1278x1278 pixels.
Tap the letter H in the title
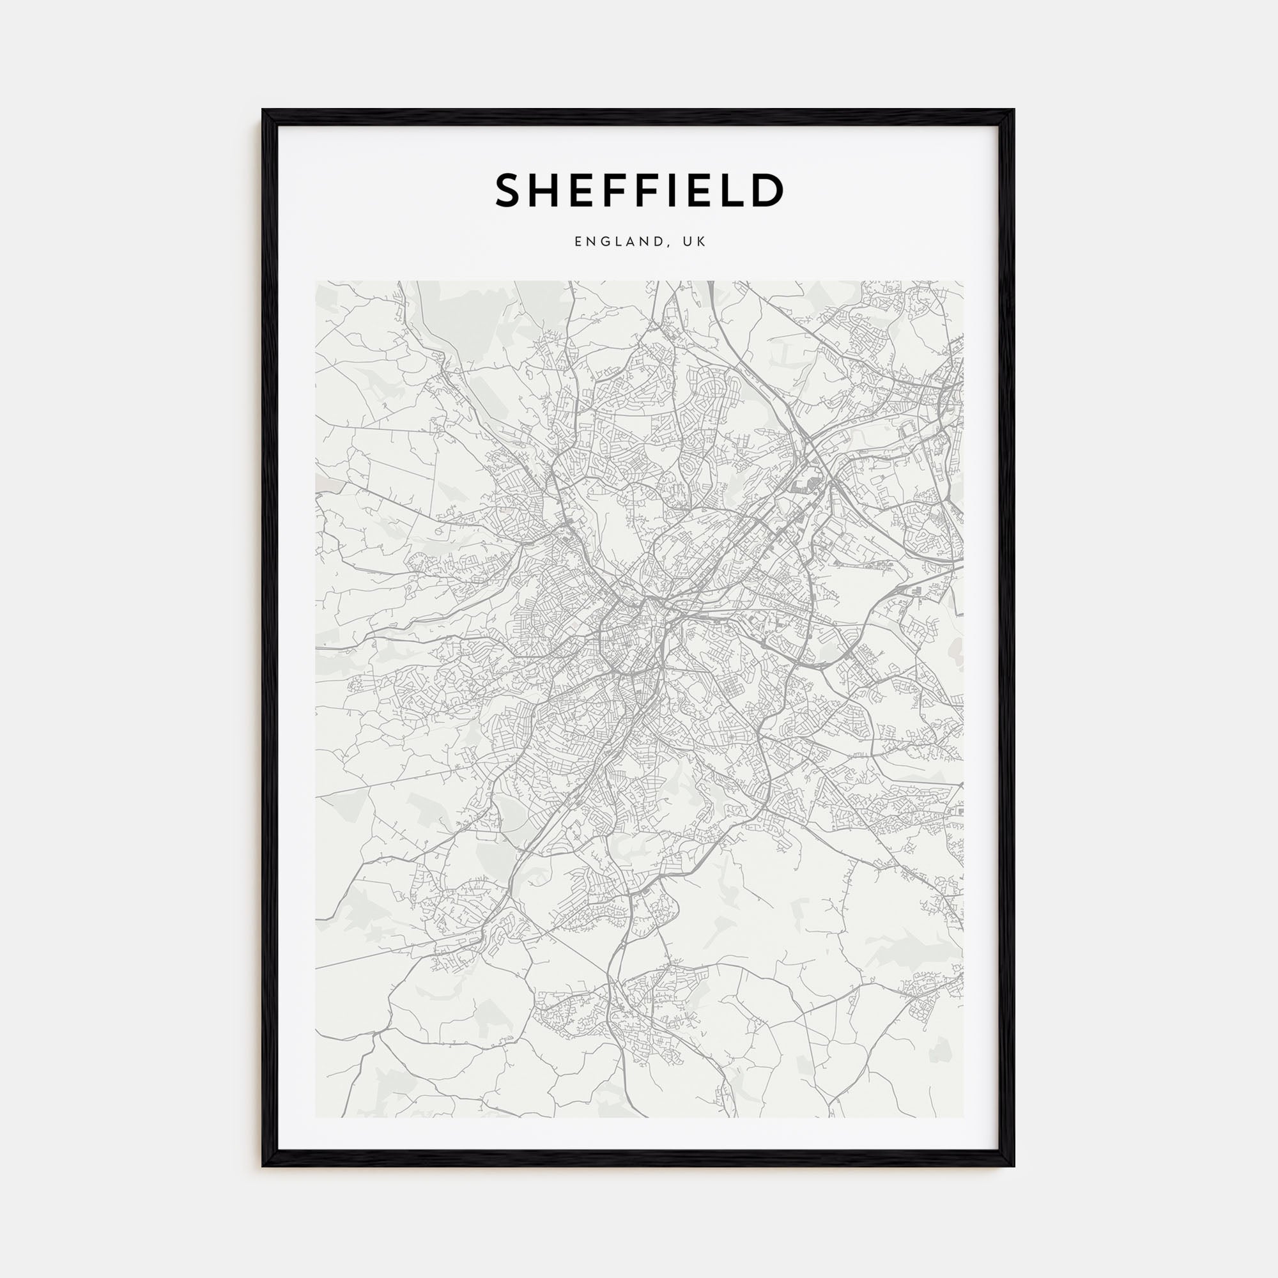548,190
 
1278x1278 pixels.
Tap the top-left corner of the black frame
263,110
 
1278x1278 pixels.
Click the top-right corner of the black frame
1014,110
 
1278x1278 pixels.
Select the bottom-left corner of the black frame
263,1166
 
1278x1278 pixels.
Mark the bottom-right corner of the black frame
1014,1166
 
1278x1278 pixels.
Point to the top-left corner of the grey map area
316,281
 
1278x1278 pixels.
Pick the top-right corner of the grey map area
963,281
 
